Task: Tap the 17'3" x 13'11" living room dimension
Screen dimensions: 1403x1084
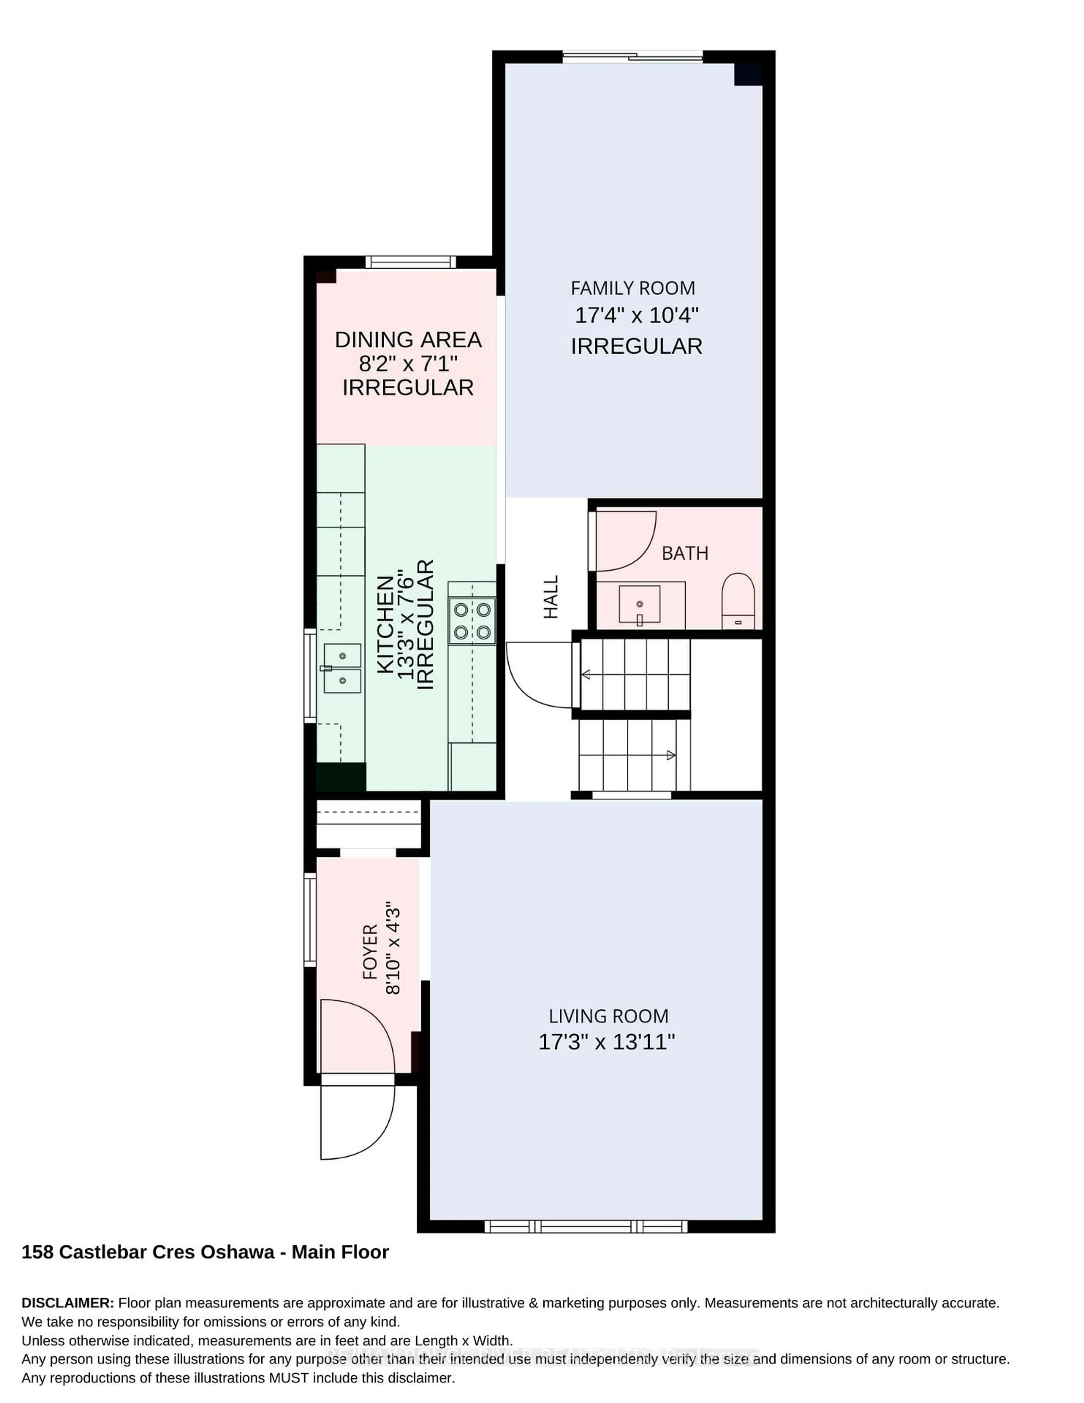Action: pos(606,1041)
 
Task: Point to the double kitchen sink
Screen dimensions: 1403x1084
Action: pos(342,668)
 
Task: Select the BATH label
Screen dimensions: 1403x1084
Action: pos(684,553)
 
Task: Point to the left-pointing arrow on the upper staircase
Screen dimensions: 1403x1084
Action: pos(586,674)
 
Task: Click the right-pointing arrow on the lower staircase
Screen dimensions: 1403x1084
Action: pos(670,755)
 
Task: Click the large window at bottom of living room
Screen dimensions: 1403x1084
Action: pos(585,1226)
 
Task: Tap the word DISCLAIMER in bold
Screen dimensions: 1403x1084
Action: pos(67,1303)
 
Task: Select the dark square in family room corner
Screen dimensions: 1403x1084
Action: pos(748,74)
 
